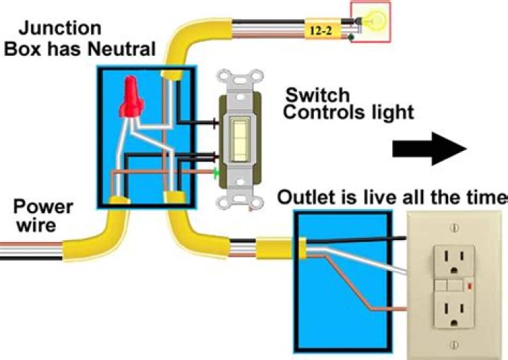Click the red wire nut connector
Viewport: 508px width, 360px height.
(x=129, y=98)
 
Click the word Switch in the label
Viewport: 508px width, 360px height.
(x=317, y=95)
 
